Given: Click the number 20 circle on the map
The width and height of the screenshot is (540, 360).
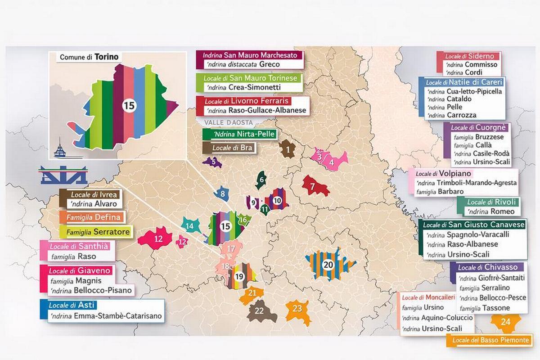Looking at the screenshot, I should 328,265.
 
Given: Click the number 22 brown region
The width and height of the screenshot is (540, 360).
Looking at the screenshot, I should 260,311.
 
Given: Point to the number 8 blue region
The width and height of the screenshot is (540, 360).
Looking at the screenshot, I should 222,194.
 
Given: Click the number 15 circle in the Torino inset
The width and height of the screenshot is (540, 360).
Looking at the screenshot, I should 129,106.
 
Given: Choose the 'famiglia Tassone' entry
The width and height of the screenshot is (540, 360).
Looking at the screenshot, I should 485,308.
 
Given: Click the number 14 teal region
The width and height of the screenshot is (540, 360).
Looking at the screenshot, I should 190,225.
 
